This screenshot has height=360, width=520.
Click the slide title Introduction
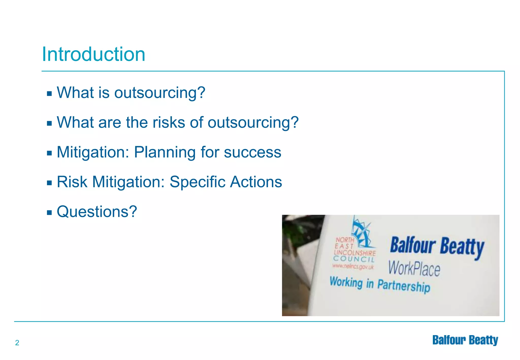(93, 54)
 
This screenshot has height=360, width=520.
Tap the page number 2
(17, 343)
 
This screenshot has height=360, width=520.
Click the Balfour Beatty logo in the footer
(465, 340)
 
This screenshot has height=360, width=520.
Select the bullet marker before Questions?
(49, 212)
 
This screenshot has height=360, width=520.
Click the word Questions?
(97, 211)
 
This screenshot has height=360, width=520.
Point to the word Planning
(165, 152)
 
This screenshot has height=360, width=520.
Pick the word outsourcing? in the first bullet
(159, 93)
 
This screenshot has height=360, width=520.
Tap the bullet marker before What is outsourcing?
(49, 94)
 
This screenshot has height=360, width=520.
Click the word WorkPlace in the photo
(414, 269)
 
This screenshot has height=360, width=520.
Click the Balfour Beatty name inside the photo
(437, 246)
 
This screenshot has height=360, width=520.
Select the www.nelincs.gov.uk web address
(353, 266)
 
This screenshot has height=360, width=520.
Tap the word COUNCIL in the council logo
(354, 259)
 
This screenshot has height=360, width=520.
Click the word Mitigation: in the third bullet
(93, 152)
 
